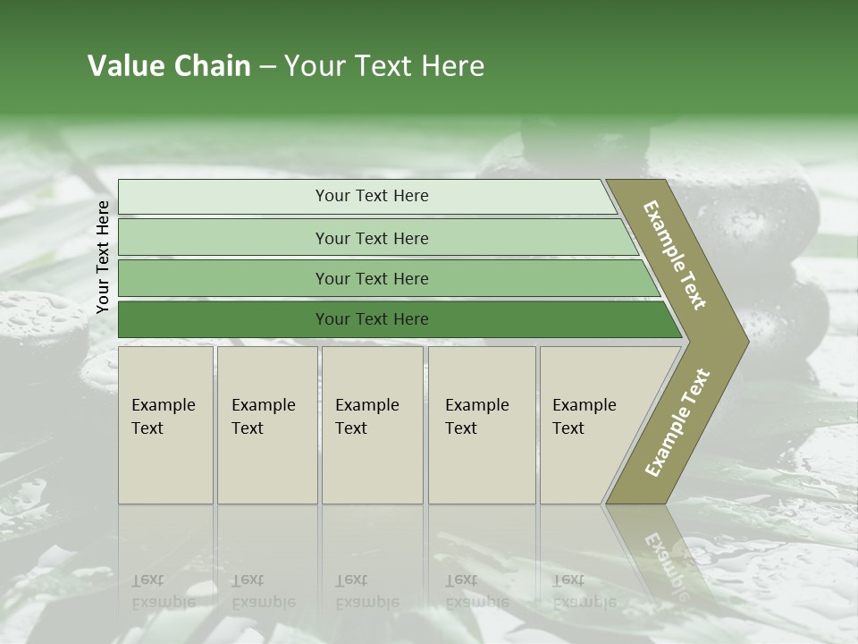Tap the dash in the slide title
point(267,67)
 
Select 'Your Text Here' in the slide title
point(384,66)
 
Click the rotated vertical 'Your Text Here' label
point(103,258)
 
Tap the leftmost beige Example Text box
point(165,425)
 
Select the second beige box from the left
point(267,425)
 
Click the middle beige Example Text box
point(372,425)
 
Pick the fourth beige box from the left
point(482,425)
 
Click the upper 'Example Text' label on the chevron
point(675,255)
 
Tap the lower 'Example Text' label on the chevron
point(677,423)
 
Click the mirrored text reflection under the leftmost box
point(164,591)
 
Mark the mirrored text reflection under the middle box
point(367,591)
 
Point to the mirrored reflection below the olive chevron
point(666,555)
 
